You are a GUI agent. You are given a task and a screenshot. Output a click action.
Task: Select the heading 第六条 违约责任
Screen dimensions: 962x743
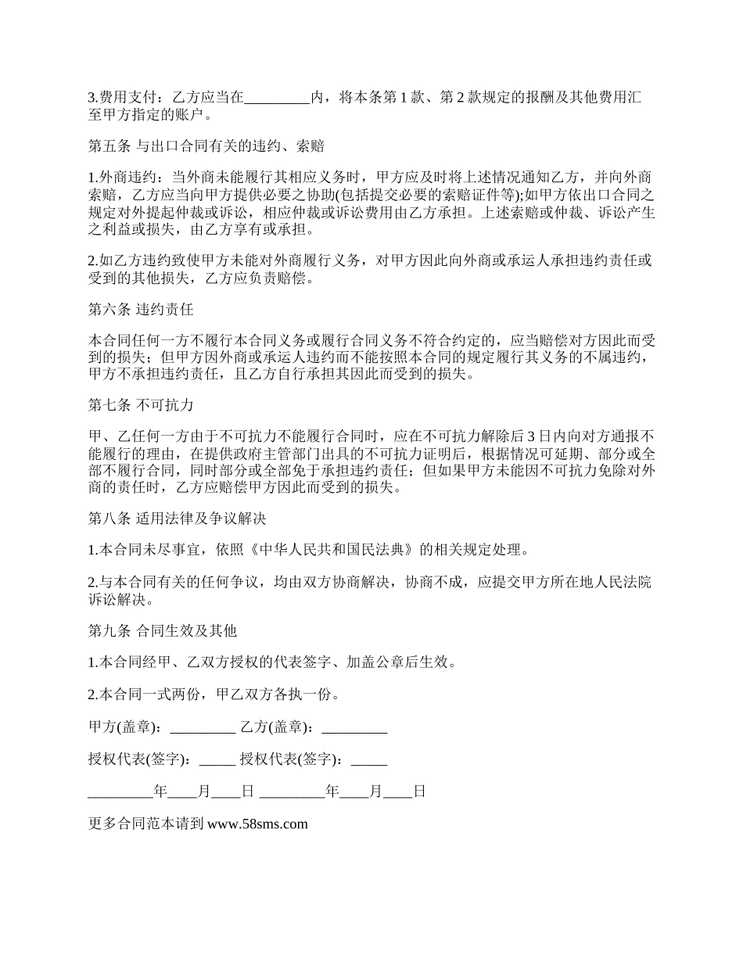point(141,309)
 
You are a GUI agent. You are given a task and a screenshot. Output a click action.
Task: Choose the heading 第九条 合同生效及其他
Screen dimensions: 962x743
point(163,630)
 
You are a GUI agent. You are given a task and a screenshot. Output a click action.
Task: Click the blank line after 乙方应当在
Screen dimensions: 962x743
point(278,98)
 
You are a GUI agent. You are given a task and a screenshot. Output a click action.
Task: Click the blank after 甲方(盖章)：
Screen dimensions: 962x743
point(203,727)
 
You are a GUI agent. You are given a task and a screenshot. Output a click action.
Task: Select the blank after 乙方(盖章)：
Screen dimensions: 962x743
point(354,727)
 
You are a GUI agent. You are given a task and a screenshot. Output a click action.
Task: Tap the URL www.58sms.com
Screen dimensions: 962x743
point(257,824)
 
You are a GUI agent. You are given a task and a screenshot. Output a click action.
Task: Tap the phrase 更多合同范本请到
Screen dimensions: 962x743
point(146,824)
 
